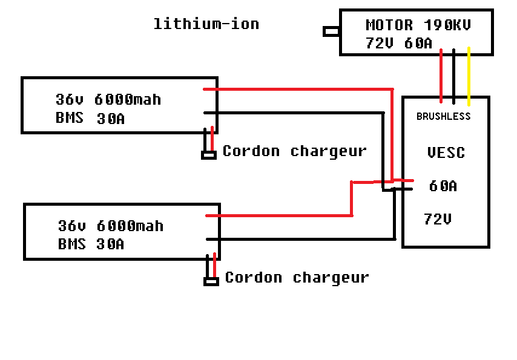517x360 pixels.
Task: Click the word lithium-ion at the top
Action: [206, 24]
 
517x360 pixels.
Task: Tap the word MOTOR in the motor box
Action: [389, 25]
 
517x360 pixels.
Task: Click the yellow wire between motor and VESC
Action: [469, 76]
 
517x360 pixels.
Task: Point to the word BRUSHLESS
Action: [443, 116]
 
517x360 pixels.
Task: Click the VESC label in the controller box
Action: [446, 152]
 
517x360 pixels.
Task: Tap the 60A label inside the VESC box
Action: [443, 186]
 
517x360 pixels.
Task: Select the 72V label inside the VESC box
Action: [438, 219]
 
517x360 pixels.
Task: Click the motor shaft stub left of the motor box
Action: [331, 31]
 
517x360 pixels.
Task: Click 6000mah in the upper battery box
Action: [128, 99]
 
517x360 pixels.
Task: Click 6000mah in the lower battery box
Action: [130, 226]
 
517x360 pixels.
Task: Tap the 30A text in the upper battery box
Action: [111, 119]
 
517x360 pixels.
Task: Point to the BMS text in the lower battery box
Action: [71, 244]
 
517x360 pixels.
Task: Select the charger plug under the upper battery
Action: [209, 155]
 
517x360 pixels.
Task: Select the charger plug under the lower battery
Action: [211, 281]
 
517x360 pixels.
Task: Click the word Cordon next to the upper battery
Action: [251, 151]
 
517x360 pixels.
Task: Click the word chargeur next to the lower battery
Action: [331, 278]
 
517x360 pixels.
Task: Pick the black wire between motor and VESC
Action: [454, 76]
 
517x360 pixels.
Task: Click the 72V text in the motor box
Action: [380, 44]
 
